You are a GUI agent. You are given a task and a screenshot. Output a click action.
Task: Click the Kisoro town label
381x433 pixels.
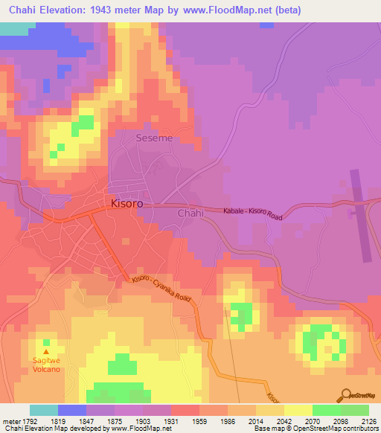click(x=127, y=202)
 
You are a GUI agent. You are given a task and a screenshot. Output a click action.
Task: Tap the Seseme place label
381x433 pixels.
click(x=154, y=138)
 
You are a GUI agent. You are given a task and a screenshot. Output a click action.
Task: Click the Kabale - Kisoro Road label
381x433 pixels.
click(x=253, y=214)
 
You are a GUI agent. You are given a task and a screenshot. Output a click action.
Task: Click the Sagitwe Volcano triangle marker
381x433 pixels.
click(x=47, y=352)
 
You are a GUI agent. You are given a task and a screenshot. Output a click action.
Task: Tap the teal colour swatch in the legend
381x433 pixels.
click(x=43, y=410)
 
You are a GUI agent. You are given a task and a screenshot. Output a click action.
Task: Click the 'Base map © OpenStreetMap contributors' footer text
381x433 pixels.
click(x=317, y=429)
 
